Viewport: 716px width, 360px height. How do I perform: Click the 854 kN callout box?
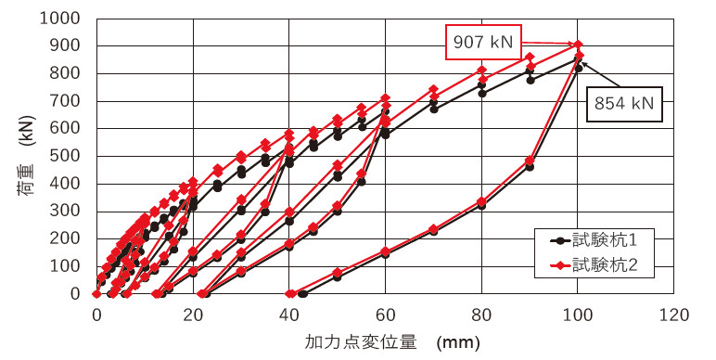click(624, 104)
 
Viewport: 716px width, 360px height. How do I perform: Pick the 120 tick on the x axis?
click(674, 314)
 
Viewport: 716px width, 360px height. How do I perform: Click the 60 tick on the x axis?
click(385, 314)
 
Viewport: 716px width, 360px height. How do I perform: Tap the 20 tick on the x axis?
click(193, 314)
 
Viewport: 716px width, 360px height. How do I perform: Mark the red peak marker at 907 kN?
click(578, 44)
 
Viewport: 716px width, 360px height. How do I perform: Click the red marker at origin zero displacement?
click(96, 293)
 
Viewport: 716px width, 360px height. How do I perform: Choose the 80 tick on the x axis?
click(481, 314)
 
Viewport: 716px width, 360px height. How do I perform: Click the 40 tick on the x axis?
click(289, 314)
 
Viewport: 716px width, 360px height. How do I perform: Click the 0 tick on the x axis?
click(96, 314)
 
